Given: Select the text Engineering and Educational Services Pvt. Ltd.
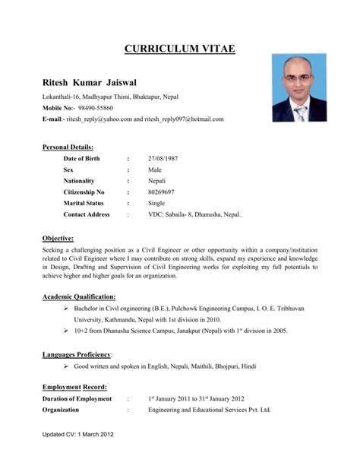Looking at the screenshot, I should tap(209, 410).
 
